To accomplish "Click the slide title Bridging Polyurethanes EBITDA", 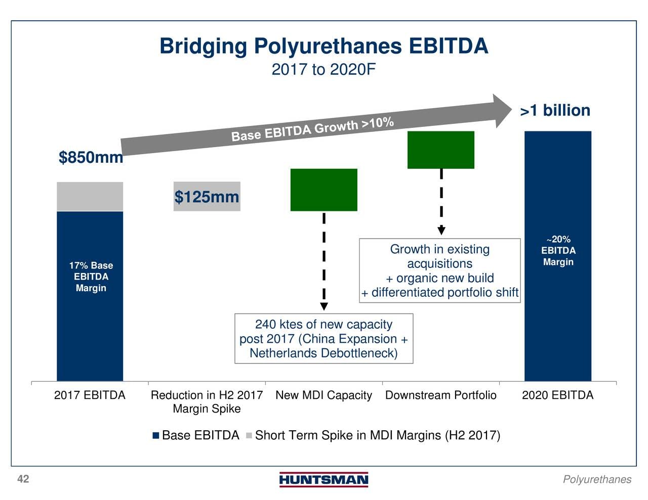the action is tap(324, 46).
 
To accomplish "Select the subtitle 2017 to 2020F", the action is tap(323, 70).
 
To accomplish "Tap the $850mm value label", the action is tap(91, 157).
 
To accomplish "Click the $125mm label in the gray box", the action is tap(207, 197).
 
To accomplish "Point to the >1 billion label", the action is tap(555, 110).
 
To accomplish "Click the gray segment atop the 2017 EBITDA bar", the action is tap(90, 196).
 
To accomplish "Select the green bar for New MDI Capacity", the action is tap(324, 190).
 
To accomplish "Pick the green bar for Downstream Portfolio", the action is tap(441, 150).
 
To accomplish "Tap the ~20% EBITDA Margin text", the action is tap(558, 250).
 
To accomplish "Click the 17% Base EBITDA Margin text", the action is tap(91, 277).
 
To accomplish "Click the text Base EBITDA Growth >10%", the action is tap(312, 129).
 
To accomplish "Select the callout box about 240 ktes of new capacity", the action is tap(324, 339).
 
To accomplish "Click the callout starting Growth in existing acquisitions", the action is tap(440, 270).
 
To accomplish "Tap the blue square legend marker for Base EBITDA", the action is tap(155, 435).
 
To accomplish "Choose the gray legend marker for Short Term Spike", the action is tap(249, 435).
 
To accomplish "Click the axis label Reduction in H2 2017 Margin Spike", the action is tap(207, 402).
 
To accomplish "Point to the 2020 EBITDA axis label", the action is tap(558, 395).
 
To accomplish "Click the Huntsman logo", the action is tap(324, 479).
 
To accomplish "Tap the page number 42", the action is tap(23, 479).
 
